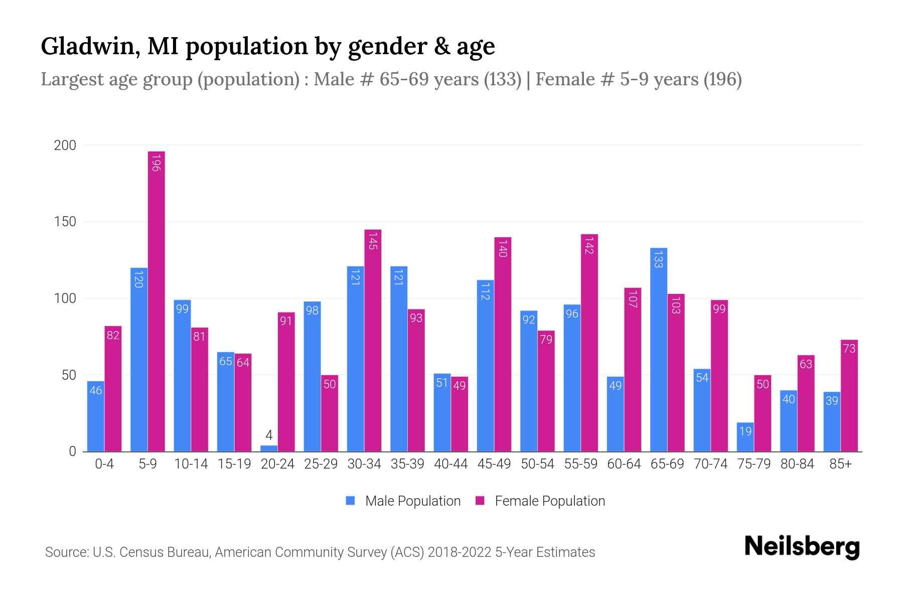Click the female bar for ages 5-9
click(157, 301)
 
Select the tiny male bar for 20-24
click(269, 448)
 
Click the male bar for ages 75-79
click(745, 437)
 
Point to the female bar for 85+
click(849, 396)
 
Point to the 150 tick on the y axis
click(65, 222)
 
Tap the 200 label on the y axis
click(65, 145)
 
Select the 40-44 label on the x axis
click(450, 464)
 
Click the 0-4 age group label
click(104, 464)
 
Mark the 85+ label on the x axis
click(840, 464)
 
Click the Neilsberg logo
click(802, 547)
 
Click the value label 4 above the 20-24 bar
click(269, 435)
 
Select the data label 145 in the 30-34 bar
click(373, 241)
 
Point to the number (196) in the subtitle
click(722, 79)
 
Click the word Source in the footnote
click(66, 552)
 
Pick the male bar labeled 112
click(485, 366)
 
